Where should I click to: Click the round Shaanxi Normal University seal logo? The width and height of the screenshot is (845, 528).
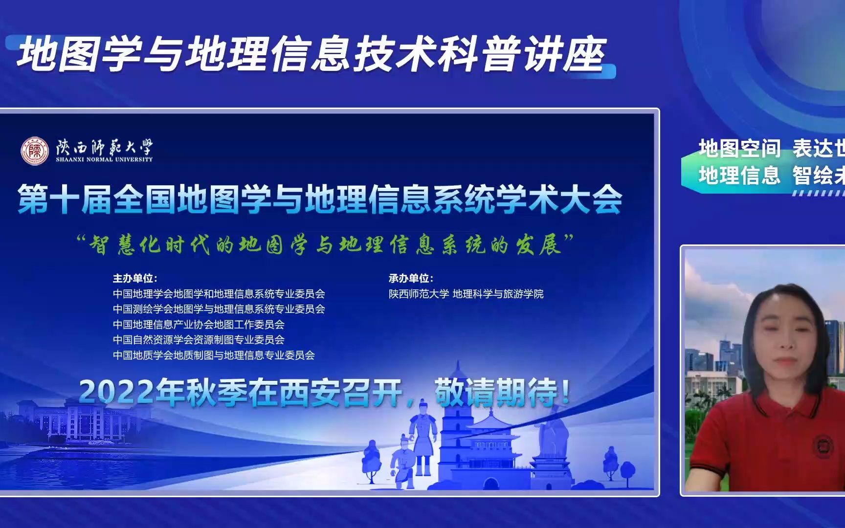[x=35, y=151]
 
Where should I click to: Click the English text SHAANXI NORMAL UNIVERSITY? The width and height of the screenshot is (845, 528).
[x=104, y=159]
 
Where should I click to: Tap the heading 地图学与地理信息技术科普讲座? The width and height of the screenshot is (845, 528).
[x=311, y=55]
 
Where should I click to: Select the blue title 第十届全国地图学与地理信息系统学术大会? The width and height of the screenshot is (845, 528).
[x=320, y=199]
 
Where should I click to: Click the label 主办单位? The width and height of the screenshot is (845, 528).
[x=135, y=278]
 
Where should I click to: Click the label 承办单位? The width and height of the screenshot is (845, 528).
[x=411, y=278]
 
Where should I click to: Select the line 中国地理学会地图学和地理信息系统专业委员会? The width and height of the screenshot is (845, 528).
[x=219, y=294]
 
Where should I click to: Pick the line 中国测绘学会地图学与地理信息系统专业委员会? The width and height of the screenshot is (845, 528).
[x=219, y=309]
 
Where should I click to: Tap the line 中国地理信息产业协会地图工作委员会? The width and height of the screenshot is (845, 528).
[x=199, y=325]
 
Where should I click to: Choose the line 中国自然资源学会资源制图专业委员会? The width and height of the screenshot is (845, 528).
[x=199, y=340]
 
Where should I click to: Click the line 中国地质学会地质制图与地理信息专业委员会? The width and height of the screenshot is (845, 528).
[x=214, y=355]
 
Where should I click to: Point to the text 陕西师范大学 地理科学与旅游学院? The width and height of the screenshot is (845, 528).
[x=466, y=294]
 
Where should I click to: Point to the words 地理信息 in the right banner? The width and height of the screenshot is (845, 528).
[x=739, y=175]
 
